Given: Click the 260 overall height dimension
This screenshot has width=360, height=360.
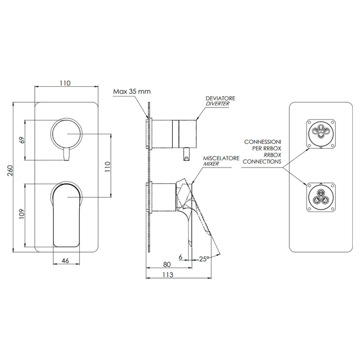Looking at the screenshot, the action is click(10, 170).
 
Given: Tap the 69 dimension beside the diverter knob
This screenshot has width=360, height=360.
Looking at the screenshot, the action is click(22, 140).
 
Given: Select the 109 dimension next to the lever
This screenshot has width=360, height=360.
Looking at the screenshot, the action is click(22, 214).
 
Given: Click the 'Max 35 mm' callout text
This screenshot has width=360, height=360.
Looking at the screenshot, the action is click(132, 91).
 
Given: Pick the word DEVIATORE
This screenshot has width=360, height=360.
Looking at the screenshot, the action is click(220, 98).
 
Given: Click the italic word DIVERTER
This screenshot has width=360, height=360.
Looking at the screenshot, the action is click(218, 104).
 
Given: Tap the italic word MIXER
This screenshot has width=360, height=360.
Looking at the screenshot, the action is click(211, 164).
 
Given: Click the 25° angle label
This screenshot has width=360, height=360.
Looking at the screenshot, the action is click(204, 259).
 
